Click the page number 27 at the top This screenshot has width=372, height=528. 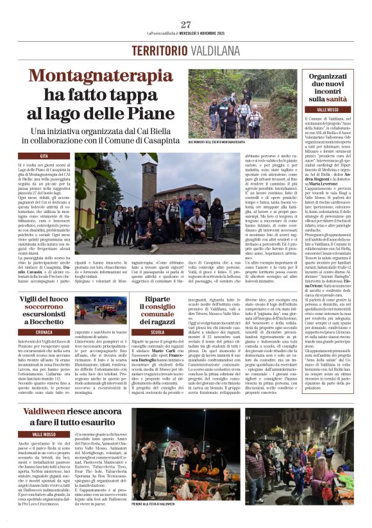(x=186, y=24)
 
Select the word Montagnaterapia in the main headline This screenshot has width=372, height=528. (x=101, y=76)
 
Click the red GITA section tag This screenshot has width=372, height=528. (x=45, y=156)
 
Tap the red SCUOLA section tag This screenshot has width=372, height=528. (x=158, y=332)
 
